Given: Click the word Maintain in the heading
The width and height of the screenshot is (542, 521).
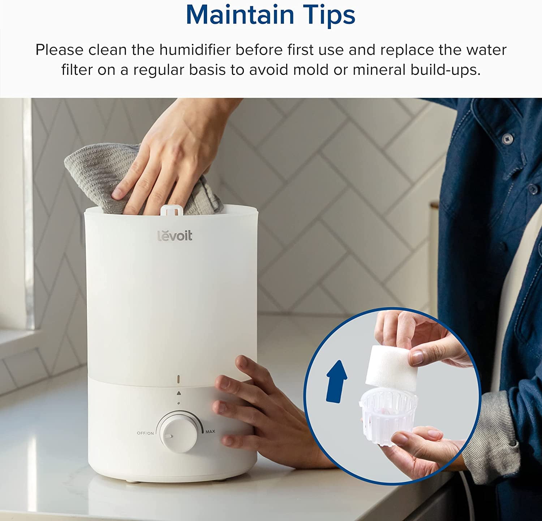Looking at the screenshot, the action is tap(240, 15).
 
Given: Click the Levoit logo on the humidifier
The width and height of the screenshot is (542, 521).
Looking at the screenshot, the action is tap(175, 236).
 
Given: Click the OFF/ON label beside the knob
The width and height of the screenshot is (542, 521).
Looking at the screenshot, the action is tap(145, 433).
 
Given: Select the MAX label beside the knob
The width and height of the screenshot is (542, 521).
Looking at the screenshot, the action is tap(210, 431).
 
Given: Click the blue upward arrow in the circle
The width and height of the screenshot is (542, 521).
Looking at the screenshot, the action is tap(336, 381).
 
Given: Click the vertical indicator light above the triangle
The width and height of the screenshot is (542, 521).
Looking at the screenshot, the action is tap(178, 379).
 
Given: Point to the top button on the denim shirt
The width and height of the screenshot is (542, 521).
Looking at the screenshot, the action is tap(507, 137).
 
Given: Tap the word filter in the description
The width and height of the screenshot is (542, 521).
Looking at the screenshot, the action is tap(76, 69).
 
